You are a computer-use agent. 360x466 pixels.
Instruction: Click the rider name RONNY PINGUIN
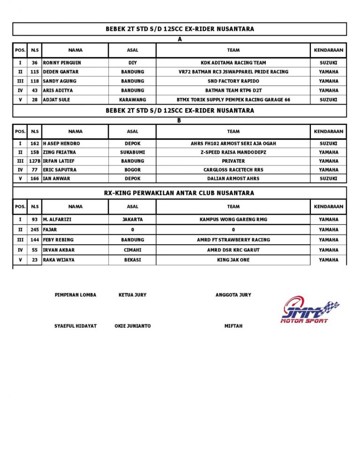coord(62,62)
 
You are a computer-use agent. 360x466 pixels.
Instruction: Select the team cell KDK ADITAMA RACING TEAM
coord(233,62)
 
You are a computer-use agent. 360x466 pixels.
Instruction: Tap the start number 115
coord(35,72)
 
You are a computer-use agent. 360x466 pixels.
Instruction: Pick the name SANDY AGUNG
coord(60,81)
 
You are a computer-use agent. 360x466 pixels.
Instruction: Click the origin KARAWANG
coord(133,100)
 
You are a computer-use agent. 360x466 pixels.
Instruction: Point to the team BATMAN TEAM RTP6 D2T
coord(233,90)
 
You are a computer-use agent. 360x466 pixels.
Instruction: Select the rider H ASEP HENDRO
coord(61,143)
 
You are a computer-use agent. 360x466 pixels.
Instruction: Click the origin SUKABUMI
coord(133,152)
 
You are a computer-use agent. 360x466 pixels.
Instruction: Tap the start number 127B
coord(35,161)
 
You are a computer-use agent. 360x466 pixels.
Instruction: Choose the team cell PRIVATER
coord(233,161)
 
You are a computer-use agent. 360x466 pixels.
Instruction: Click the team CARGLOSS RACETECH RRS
coord(233,170)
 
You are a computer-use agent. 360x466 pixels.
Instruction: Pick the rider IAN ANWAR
coord(57,179)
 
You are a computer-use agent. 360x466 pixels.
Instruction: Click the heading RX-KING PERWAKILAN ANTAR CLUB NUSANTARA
coord(180,193)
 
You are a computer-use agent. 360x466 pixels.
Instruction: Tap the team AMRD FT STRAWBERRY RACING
coord(233,240)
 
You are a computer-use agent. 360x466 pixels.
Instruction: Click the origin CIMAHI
coord(133,250)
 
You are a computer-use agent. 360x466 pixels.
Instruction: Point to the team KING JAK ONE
coord(233,260)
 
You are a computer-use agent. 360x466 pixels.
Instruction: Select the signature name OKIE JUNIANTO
coord(133,326)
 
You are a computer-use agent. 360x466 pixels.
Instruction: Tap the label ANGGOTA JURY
coord(233,295)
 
